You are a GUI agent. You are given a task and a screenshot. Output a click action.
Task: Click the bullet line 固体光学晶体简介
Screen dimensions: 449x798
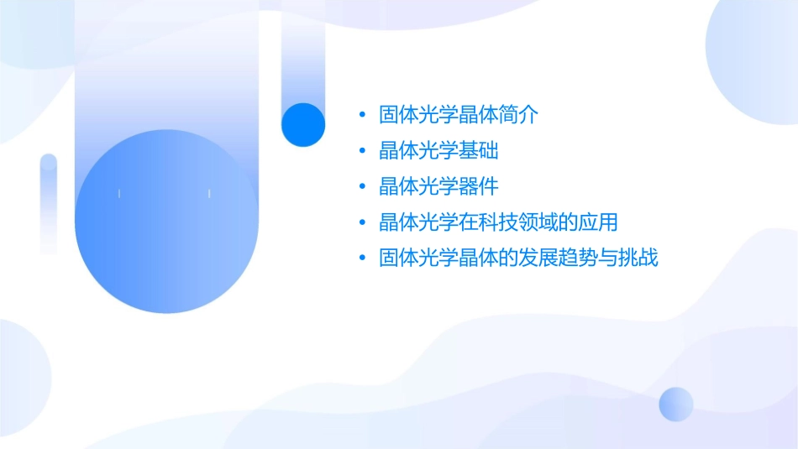click(458, 114)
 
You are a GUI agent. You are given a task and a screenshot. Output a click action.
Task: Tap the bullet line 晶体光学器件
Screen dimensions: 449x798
click(438, 186)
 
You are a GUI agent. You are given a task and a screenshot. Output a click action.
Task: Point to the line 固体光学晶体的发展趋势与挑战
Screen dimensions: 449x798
click(518, 258)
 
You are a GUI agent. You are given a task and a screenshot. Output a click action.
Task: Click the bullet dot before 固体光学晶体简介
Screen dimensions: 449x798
click(361, 115)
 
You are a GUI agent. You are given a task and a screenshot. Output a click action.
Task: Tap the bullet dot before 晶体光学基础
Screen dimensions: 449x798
click(361, 151)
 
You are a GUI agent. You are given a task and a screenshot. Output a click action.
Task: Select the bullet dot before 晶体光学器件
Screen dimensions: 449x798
click(361, 187)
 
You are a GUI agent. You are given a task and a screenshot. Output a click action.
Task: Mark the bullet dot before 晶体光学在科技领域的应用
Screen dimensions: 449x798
click(361, 223)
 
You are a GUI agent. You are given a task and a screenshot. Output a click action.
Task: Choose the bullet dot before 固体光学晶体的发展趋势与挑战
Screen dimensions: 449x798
click(361, 258)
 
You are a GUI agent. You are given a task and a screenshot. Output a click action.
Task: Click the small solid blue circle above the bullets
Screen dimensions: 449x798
click(302, 124)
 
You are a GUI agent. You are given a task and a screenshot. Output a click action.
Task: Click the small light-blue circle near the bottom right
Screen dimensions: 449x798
click(676, 404)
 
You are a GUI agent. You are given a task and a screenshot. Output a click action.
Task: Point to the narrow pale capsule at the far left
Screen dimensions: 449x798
click(49, 203)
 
